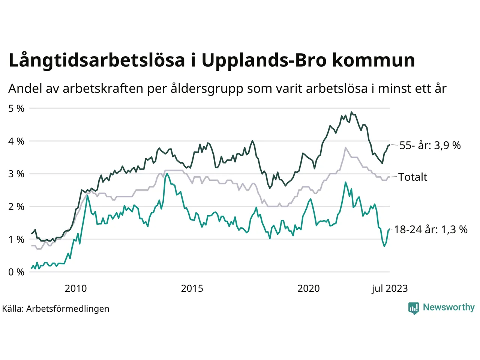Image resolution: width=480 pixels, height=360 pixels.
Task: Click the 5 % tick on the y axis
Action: click(x=16, y=109)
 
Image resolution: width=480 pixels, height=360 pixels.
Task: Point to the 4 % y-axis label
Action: click(x=16, y=141)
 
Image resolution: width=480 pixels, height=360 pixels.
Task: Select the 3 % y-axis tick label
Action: click(x=16, y=174)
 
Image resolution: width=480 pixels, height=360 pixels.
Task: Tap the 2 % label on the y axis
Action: click(x=16, y=207)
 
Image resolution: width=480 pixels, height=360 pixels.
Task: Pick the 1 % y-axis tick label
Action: click(x=16, y=239)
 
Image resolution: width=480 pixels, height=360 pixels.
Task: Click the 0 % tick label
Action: click(x=16, y=272)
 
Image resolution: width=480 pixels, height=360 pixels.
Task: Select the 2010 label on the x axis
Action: click(x=75, y=288)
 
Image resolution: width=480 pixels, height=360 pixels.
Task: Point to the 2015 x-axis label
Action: click(x=192, y=288)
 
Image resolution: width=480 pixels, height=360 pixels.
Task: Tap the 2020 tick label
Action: click(x=308, y=288)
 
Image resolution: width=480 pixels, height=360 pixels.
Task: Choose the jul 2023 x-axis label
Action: click(x=390, y=288)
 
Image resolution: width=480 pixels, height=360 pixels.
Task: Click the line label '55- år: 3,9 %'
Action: click(x=430, y=145)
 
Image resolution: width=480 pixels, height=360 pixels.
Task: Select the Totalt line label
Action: click(x=412, y=177)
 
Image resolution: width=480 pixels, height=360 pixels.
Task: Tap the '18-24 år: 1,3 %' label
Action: click(x=430, y=229)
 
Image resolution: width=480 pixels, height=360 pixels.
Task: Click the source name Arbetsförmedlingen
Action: click(x=68, y=309)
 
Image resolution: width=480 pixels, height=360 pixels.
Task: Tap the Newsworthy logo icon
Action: click(x=413, y=308)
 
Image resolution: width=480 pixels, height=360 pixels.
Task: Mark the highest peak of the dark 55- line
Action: click(x=351, y=112)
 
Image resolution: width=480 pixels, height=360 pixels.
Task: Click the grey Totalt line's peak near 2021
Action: click(x=345, y=147)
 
